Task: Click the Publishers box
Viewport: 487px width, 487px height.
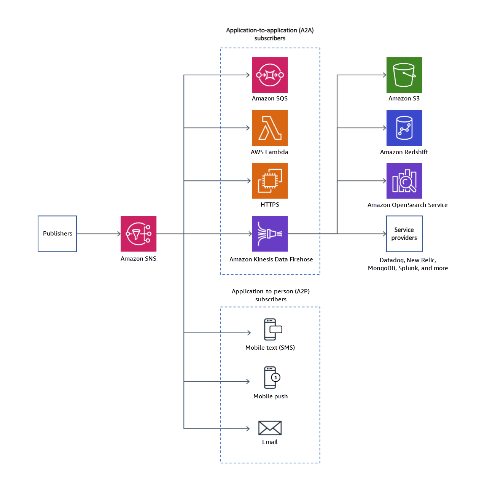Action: pyautogui.click(x=57, y=234)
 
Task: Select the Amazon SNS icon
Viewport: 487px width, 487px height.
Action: pyautogui.click(x=138, y=234)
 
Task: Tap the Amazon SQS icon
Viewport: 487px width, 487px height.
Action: pyautogui.click(x=270, y=75)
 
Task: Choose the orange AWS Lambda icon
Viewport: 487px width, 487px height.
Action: pyautogui.click(x=270, y=128)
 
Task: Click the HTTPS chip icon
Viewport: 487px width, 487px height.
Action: pyautogui.click(x=270, y=181)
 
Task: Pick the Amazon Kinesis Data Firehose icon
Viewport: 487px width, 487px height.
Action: pyautogui.click(x=270, y=234)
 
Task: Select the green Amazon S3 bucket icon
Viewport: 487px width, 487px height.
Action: pyautogui.click(x=404, y=75)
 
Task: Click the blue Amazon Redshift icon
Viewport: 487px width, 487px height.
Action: pyautogui.click(x=404, y=128)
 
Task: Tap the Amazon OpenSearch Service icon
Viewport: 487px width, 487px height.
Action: pyautogui.click(x=404, y=181)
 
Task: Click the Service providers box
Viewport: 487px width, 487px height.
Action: pyautogui.click(x=404, y=234)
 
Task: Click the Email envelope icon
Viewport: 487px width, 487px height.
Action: pyautogui.click(x=270, y=428)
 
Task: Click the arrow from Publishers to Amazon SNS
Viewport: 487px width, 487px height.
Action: pyautogui.click(x=99, y=234)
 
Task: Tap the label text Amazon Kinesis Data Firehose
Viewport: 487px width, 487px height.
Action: pyautogui.click(x=271, y=259)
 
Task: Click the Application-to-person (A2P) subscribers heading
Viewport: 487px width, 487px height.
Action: pyautogui.click(x=271, y=295)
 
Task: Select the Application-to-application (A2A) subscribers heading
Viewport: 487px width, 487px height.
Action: pyautogui.click(x=270, y=34)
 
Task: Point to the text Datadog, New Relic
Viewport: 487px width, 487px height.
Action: pyautogui.click(x=407, y=260)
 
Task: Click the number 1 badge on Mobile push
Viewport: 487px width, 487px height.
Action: pyautogui.click(x=276, y=377)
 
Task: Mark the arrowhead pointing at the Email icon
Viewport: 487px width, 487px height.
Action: pyautogui.click(x=248, y=429)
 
